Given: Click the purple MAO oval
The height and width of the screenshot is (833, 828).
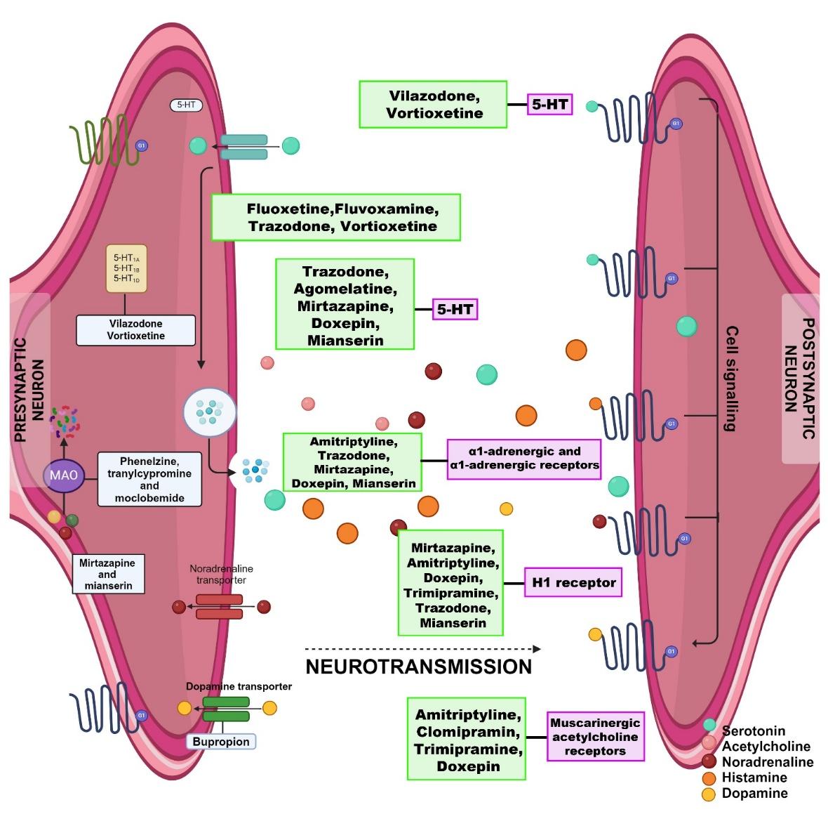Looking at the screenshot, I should (x=64, y=475).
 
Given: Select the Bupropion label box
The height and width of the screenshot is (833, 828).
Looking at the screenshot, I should (x=221, y=742).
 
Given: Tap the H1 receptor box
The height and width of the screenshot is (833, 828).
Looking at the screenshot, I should (x=573, y=582).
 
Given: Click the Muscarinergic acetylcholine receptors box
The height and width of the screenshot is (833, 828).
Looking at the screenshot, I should (x=595, y=737).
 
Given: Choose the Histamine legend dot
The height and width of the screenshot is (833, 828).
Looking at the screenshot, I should (x=709, y=778).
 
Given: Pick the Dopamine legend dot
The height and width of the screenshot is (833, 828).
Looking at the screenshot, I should (x=709, y=794).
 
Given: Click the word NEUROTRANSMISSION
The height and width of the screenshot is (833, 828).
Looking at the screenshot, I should (x=419, y=667).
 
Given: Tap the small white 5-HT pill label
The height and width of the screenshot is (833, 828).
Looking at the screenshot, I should (x=186, y=105).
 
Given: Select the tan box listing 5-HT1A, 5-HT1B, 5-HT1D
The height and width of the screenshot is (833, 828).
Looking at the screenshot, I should (x=126, y=268).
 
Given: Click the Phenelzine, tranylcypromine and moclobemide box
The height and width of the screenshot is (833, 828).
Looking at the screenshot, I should (x=149, y=480).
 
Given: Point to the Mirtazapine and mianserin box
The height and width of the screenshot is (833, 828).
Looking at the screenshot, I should (x=108, y=575).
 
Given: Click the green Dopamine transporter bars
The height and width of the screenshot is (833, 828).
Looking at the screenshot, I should (x=226, y=709).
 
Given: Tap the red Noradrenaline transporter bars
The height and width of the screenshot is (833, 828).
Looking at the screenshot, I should (x=219, y=607).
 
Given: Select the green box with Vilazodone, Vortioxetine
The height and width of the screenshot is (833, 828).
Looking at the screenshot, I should (x=433, y=105).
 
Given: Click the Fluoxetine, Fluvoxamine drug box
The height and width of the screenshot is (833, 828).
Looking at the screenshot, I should (x=335, y=218).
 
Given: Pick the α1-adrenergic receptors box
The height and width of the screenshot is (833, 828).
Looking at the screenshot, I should (x=523, y=458).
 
